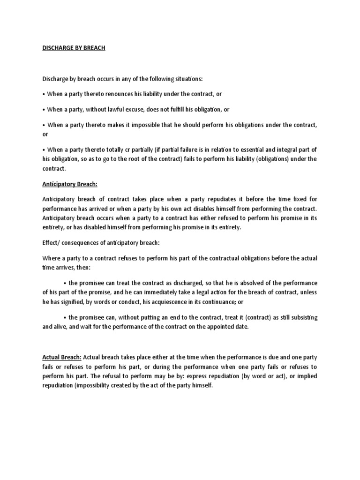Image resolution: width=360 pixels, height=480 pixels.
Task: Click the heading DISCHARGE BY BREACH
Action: tap(74, 48)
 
